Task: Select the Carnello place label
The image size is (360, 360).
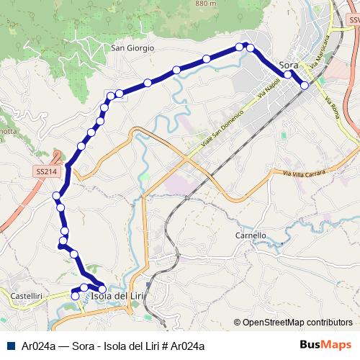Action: [x=251, y=235]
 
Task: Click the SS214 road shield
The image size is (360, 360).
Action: [x=45, y=172]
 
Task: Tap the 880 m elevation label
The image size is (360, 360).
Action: [x=204, y=4]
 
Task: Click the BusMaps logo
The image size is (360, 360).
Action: [x=325, y=345]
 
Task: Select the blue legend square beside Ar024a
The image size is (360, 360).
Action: [x=9, y=346]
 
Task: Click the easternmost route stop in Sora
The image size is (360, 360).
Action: [x=305, y=85]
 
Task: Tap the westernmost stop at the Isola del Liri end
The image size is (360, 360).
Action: [x=74, y=296]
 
